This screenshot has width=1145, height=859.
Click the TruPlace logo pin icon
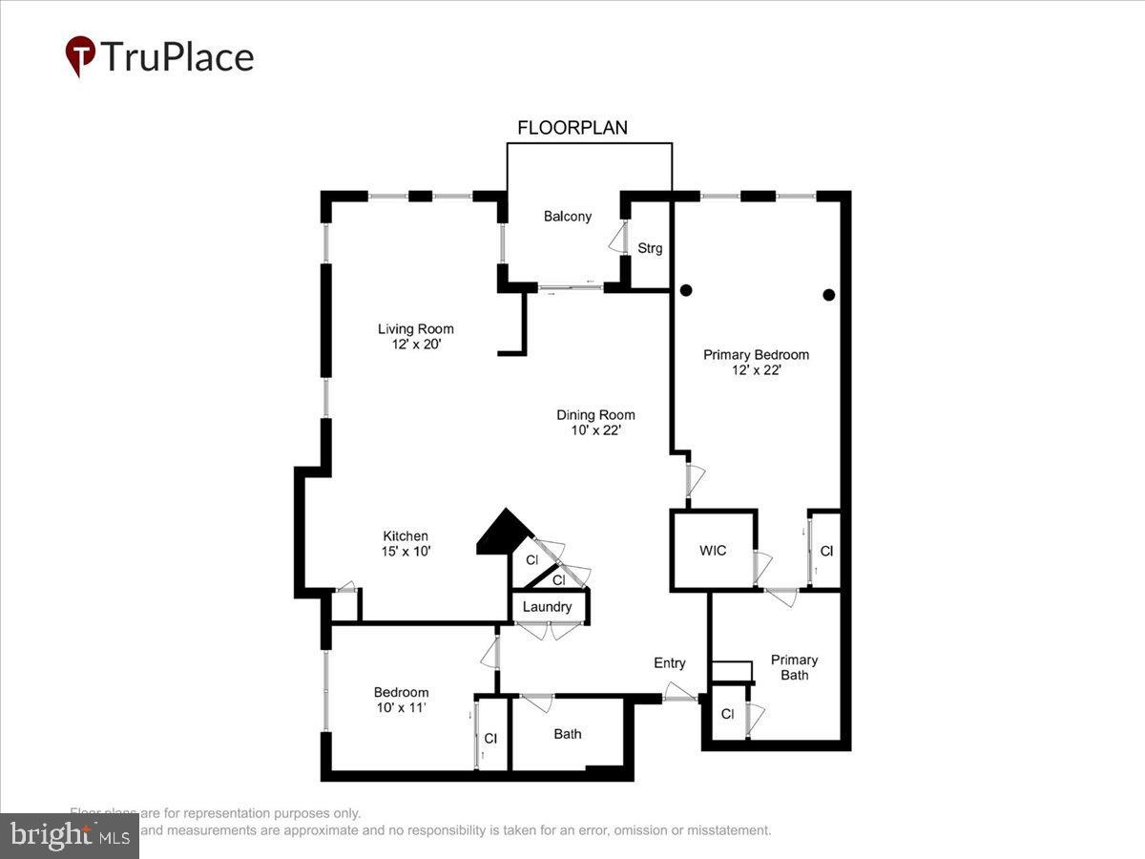(80, 55)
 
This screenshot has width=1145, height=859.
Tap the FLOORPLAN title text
(572, 128)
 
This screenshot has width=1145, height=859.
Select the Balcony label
(568, 217)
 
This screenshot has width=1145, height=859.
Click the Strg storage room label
(650, 248)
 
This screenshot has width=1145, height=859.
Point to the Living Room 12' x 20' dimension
(416, 346)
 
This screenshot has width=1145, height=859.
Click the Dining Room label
(595, 415)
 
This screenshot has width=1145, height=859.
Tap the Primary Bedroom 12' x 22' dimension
(757, 370)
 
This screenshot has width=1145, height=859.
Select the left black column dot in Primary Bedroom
(685, 290)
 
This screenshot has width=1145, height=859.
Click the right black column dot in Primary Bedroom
(829, 295)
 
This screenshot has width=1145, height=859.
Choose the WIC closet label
(713, 551)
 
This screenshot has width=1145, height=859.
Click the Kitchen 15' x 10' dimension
(406, 552)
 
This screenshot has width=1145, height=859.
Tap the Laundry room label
(548, 607)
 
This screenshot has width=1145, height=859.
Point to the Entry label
(670, 663)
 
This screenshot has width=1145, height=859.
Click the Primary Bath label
(795, 667)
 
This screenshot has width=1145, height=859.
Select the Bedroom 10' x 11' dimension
(401, 708)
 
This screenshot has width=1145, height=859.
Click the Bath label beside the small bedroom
(568, 734)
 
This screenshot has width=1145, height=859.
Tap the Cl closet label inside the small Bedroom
(490, 738)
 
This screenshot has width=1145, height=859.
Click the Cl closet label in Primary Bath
(727, 714)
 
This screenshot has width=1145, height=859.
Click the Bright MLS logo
(70, 836)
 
